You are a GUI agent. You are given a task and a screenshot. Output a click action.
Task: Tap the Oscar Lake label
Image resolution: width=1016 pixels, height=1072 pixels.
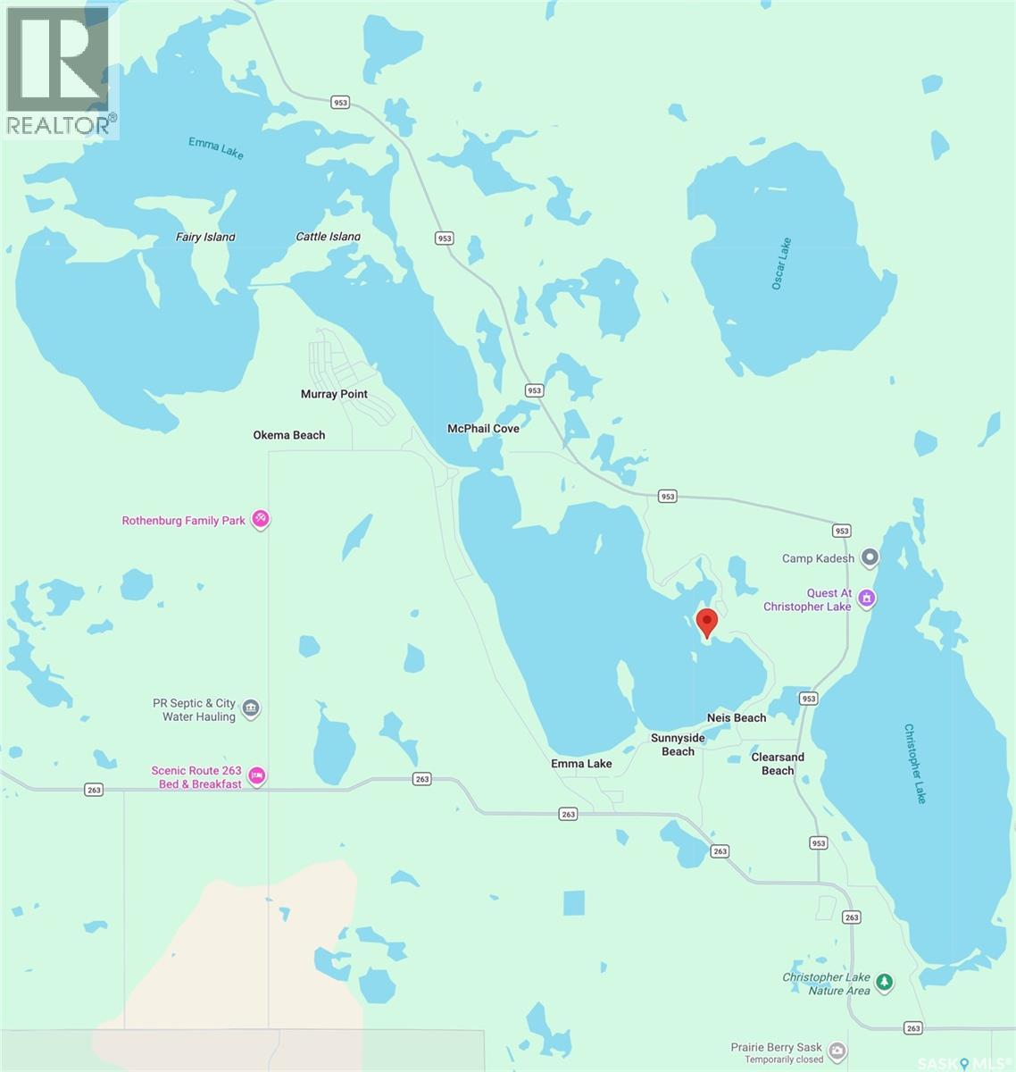click(781, 263)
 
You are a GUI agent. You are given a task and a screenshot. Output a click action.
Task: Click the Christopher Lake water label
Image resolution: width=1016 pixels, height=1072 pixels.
click(916, 763)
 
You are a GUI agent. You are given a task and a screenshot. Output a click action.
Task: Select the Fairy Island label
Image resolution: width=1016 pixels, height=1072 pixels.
click(205, 238)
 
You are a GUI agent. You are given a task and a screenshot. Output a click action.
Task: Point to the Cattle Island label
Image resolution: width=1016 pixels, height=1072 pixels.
click(329, 237)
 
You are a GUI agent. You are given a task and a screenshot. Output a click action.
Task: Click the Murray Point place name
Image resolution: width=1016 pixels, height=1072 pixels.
click(334, 394)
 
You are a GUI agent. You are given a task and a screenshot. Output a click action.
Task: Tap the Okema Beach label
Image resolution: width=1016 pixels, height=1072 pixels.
click(289, 435)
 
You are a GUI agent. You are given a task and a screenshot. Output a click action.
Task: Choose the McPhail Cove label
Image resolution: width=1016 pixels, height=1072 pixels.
click(483, 429)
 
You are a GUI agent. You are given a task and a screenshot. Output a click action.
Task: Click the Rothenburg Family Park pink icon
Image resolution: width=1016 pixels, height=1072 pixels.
click(260, 518)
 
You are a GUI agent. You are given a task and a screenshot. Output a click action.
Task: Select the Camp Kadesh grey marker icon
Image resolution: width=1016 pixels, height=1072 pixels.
click(870, 558)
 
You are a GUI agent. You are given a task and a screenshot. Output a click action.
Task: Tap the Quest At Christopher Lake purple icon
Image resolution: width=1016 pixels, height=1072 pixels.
click(866, 599)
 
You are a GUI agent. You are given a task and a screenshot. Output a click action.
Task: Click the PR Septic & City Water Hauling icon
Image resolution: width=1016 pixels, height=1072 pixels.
click(251, 709)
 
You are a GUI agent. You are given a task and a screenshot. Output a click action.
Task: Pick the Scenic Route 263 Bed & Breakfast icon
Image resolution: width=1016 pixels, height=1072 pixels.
click(256, 775)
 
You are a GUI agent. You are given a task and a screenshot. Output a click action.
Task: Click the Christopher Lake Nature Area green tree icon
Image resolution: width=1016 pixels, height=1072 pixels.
click(884, 983)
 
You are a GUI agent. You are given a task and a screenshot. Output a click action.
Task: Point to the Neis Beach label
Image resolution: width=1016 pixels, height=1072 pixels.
click(737, 718)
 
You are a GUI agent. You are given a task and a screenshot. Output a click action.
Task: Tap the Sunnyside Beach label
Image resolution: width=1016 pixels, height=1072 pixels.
click(678, 745)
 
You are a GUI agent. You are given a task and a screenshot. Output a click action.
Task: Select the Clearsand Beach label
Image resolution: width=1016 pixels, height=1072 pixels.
click(778, 764)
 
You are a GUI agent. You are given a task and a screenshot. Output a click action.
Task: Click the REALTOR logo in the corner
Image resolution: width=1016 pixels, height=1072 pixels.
click(59, 70)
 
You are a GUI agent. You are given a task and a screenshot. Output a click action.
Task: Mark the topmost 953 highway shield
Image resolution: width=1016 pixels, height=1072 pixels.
click(340, 103)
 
